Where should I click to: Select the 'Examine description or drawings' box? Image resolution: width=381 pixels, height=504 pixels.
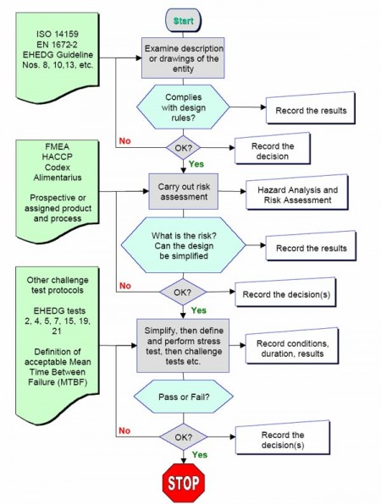pyautogui.click(x=184, y=58)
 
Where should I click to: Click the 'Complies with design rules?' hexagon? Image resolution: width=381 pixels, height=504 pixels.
pyautogui.click(x=184, y=108)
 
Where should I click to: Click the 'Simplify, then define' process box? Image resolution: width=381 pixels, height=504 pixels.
pyautogui.click(x=184, y=344)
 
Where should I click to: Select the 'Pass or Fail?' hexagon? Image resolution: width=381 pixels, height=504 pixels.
pyautogui.click(x=184, y=396)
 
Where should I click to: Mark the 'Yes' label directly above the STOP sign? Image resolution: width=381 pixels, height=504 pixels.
pyautogui.click(x=200, y=453)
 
